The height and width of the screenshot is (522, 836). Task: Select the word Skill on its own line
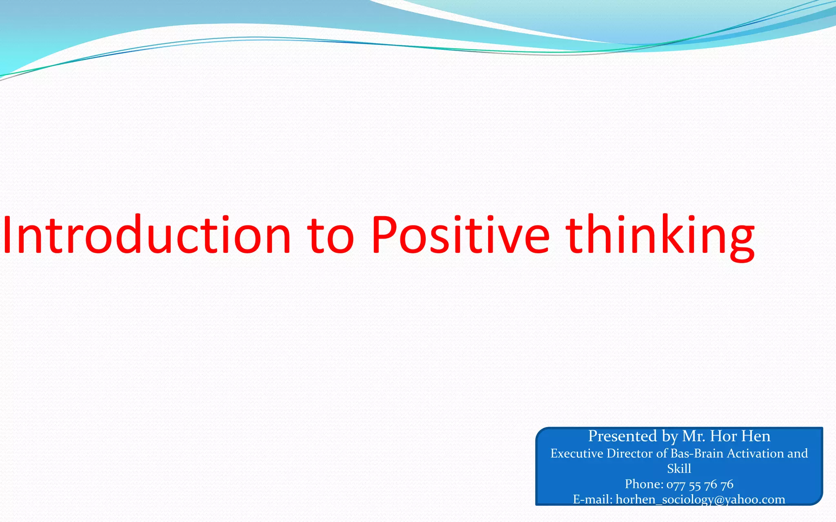[x=679, y=469]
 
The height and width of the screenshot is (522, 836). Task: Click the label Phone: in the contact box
[x=644, y=484]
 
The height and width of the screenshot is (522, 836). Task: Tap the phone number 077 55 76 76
[x=700, y=484]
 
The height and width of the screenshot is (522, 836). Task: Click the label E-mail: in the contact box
[x=592, y=499]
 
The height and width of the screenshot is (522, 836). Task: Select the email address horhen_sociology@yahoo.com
[x=700, y=500]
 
